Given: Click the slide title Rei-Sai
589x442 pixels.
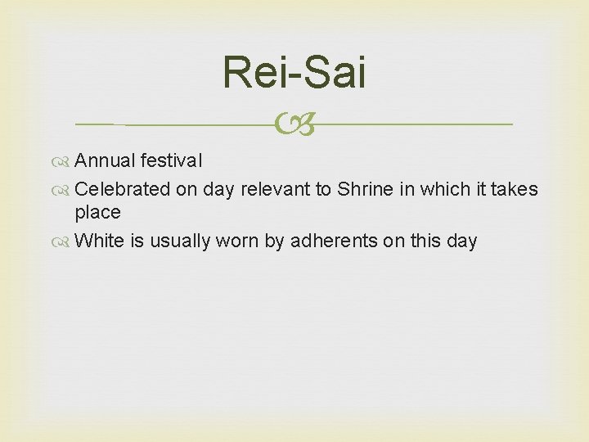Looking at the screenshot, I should [294, 73].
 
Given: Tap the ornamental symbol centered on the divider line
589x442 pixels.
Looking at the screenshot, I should [294, 124].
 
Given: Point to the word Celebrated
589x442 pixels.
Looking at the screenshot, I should [123, 189].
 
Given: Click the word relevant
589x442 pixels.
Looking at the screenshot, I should [275, 189].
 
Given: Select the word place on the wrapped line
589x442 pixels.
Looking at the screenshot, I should [97, 213].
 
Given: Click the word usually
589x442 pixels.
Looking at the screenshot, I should [181, 241].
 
